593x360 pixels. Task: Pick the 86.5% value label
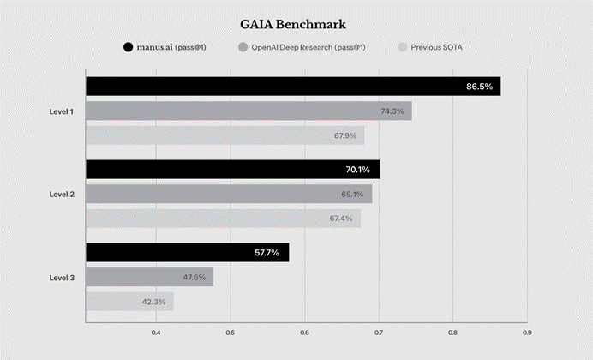coord(479,87)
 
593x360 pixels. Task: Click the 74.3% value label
coord(392,111)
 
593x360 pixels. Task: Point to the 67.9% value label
coord(344,135)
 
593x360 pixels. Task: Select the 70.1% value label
coord(357,170)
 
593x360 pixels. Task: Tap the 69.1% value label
coord(352,195)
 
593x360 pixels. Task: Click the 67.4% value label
coord(340,219)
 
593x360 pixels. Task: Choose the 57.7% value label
coord(267,253)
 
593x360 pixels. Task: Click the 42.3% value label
coord(154,302)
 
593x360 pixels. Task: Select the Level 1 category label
coord(62,111)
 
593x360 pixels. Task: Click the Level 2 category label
coord(62,195)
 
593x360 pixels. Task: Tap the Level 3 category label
coord(62,278)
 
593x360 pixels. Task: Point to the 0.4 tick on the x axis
coord(156,333)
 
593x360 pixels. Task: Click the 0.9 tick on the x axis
coord(527,333)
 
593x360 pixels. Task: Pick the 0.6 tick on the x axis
coord(304,333)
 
